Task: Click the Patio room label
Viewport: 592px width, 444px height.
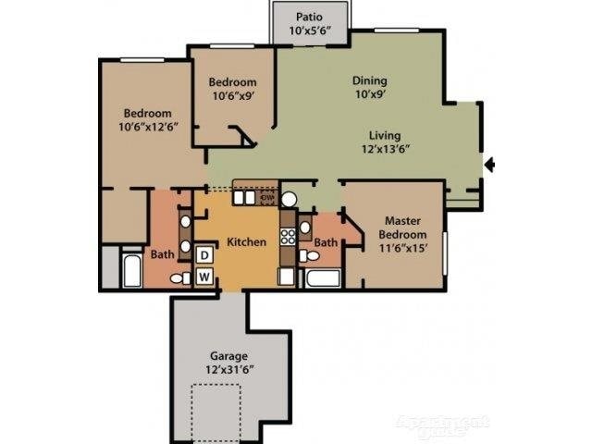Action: (x=310, y=22)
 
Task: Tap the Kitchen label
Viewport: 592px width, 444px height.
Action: (x=246, y=242)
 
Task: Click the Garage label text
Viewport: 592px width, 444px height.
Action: (x=228, y=362)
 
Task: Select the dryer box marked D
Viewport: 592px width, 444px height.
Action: (x=204, y=254)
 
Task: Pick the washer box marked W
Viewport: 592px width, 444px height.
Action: (x=204, y=275)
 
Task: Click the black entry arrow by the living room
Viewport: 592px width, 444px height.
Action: (x=491, y=166)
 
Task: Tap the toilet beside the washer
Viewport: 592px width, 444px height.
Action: (x=179, y=277)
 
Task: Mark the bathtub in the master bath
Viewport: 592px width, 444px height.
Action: (x=324, y=279)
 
